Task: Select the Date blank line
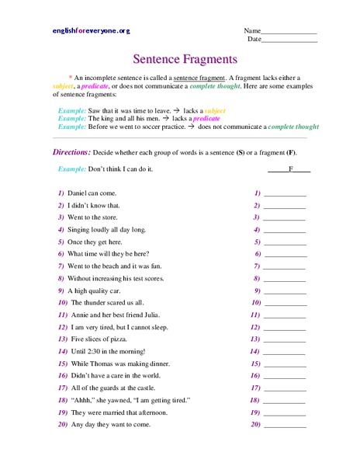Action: (289, 40)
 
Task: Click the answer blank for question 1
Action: (285, 192)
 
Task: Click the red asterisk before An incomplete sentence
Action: (70, 78)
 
